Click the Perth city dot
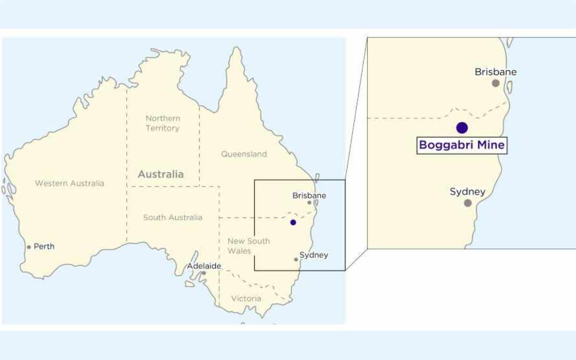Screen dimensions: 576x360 [29, 247]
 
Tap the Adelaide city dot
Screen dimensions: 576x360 [204, 273]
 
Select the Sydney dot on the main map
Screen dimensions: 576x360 [296, 260]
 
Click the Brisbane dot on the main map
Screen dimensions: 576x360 [310, 203]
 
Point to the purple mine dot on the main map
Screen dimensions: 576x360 [293, 222]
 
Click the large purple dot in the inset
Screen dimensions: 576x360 [462, 128]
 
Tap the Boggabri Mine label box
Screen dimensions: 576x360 [462, 145]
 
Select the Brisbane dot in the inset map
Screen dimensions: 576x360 [496, 83]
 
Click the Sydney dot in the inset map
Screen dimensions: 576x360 [468, 203]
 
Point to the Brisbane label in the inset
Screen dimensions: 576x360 [496, 72]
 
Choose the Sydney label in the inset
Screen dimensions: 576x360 [468, 192]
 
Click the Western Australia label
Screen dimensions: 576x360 [70, 183]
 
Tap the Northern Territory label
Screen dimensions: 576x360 [163, 123]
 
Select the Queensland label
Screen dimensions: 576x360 [244, 154]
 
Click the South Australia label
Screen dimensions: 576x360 [173, 217]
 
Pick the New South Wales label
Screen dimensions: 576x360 [248, 246]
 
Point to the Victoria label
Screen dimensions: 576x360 [246, 299]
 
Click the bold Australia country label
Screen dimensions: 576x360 [161, 174]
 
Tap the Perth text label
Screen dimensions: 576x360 [44, 247]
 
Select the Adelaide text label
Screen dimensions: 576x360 [204, 266]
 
